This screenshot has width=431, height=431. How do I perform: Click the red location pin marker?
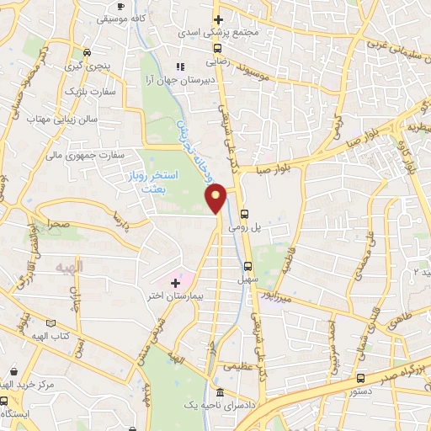pyautogui.click(x=216, y=197)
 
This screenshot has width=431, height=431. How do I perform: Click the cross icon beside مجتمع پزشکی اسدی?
pyautogui.click(x=217, y=19)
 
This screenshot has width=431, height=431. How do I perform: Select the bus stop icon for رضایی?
pyautogui.click(x=217, y=49)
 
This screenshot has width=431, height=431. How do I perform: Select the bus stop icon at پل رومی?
pyautogui.click(x=244, y=214)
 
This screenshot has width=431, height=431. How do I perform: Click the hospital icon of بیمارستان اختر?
pyautogui.click(x=175, y=283)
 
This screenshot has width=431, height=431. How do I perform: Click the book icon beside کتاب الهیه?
pyautogui.click(x=51, y=323)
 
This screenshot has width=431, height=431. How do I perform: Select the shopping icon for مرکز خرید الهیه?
pyautogui.click(x=13, y=370)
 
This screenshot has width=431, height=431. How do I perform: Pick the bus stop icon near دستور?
pyautogui.click(x=360, y=378)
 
